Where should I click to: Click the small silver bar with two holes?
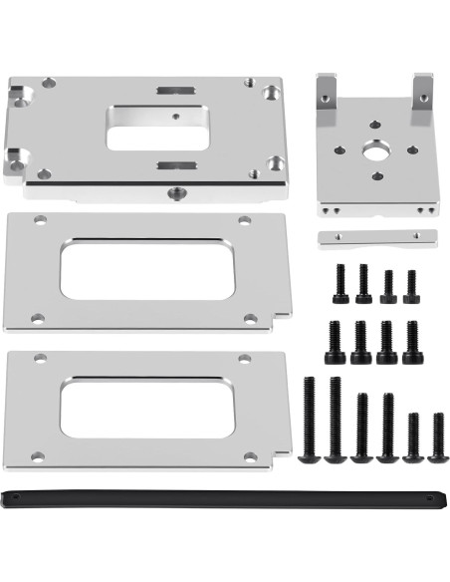point(377,239)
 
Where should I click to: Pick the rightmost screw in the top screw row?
point(411,286)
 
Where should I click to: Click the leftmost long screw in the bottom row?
point(309,420)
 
